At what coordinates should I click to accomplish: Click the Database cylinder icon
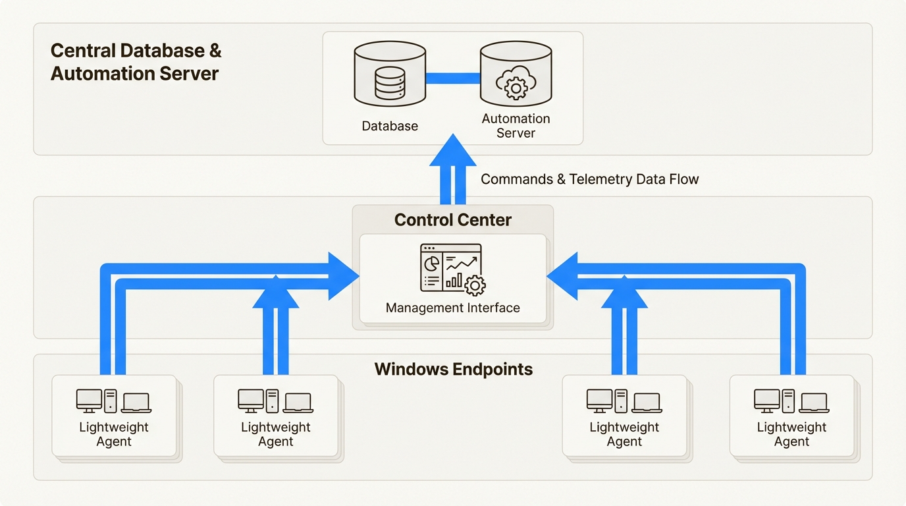point(390,74)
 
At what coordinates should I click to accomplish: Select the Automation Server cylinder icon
point(516,74)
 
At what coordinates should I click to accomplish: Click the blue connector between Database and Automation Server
point(453,78)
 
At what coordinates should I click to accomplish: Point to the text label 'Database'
point(390,126)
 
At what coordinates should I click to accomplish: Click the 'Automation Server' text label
point(516,126)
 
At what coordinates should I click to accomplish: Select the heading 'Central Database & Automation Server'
point(136,62)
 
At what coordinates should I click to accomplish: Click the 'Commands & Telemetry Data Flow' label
point(589,179)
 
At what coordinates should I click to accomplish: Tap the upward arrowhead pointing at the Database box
point(452,151)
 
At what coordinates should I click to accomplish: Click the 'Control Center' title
point(452,220)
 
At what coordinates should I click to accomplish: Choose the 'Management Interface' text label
point(452,308)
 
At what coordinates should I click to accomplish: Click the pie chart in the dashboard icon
point(432,262)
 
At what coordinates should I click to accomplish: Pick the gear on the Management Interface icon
point(474,285)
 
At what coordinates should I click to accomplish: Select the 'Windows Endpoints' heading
point(453,369)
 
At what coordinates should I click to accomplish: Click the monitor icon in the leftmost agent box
point(89,400)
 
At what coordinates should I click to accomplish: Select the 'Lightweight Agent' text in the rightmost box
point(791,434)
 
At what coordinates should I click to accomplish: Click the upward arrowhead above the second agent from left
point(275,292)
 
